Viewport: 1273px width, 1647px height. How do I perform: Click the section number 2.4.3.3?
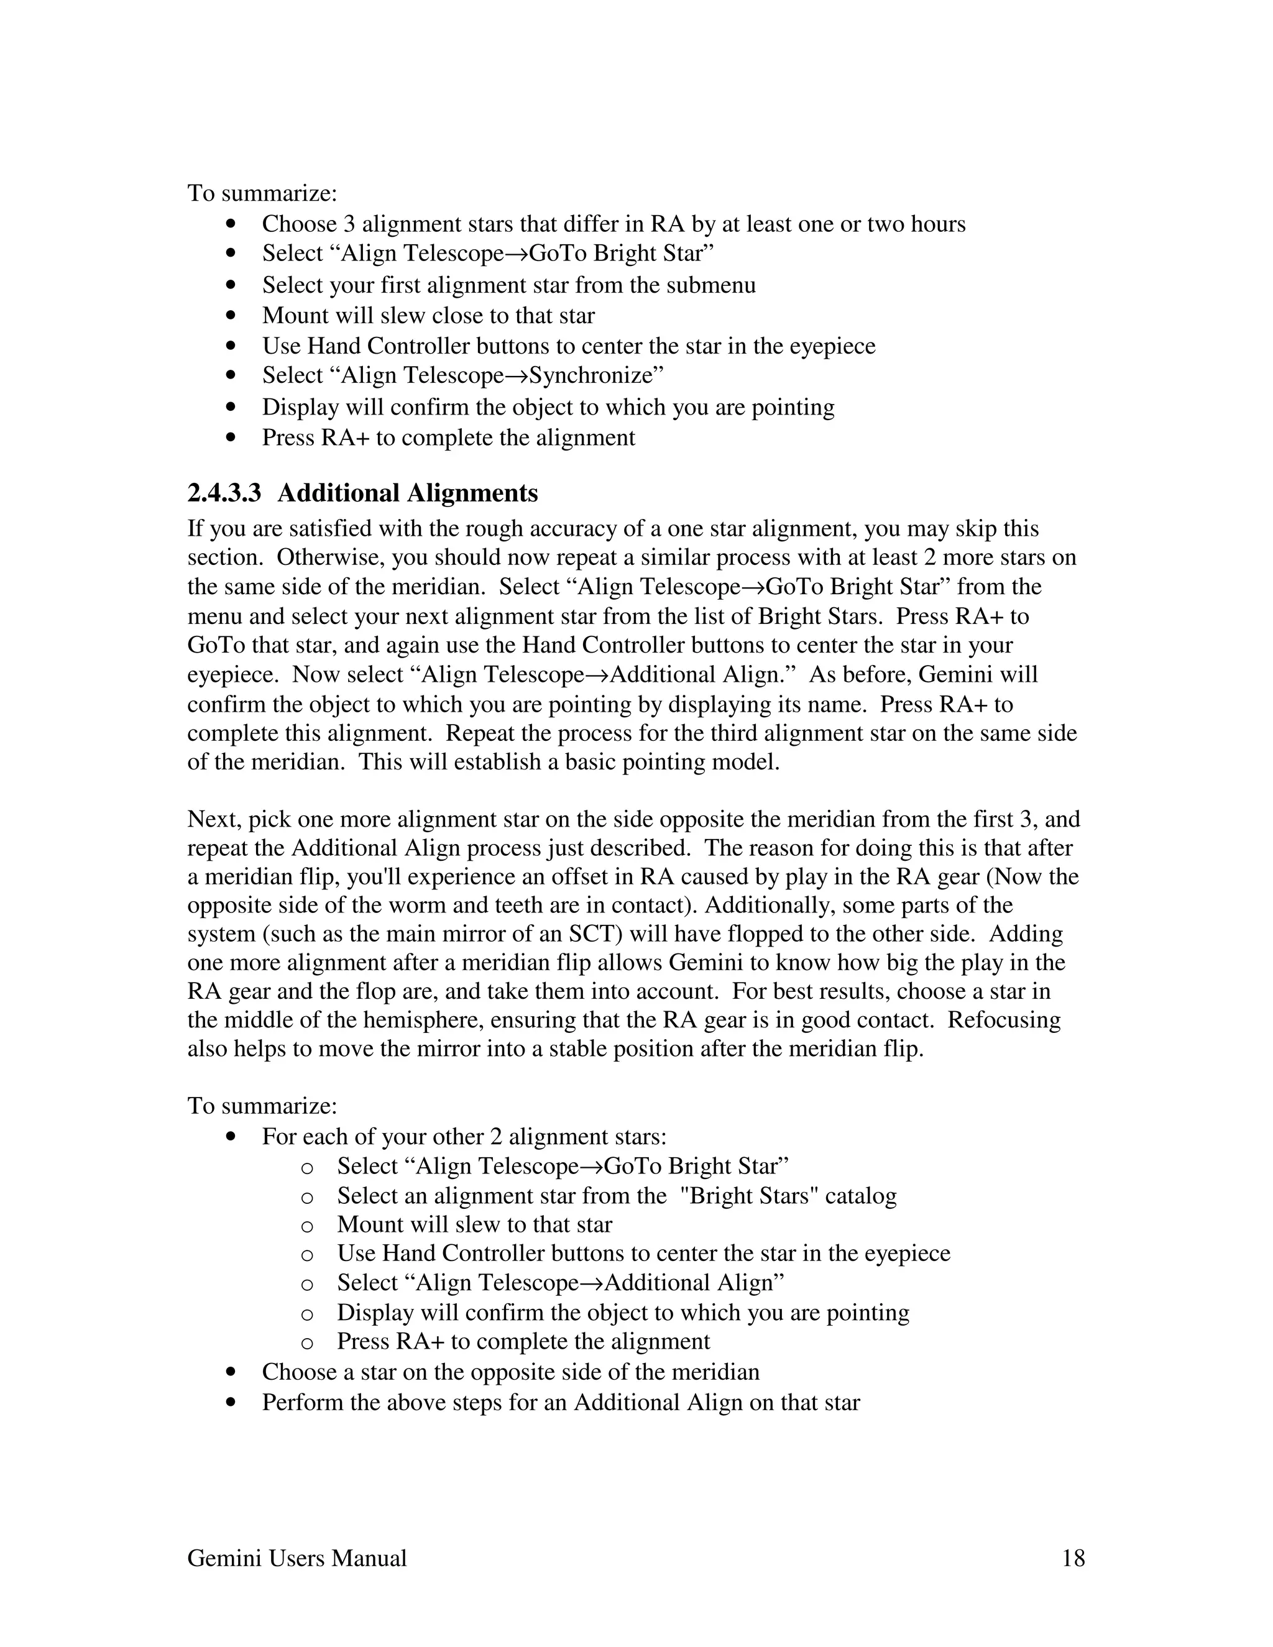tap(224, 493)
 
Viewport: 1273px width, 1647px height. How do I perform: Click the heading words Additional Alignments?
tap(407, 493)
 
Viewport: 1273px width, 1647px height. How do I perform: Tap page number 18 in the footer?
tap(1073, 1558)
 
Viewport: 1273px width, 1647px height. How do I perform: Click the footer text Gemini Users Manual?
tap(296, 1558)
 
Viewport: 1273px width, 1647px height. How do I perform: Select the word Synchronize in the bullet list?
tap(591, 375)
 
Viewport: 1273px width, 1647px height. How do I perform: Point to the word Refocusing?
tap(1004, 1021)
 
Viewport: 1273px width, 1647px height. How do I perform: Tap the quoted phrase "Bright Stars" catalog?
tap(788, 1196)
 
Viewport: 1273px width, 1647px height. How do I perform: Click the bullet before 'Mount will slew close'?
tap(231, 316)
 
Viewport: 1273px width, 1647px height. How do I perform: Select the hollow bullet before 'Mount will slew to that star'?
tap(307, 1226)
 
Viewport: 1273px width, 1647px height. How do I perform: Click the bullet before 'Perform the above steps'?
tap(231, 1403)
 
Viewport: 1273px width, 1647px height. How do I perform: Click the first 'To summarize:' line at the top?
tap(262, 194)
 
